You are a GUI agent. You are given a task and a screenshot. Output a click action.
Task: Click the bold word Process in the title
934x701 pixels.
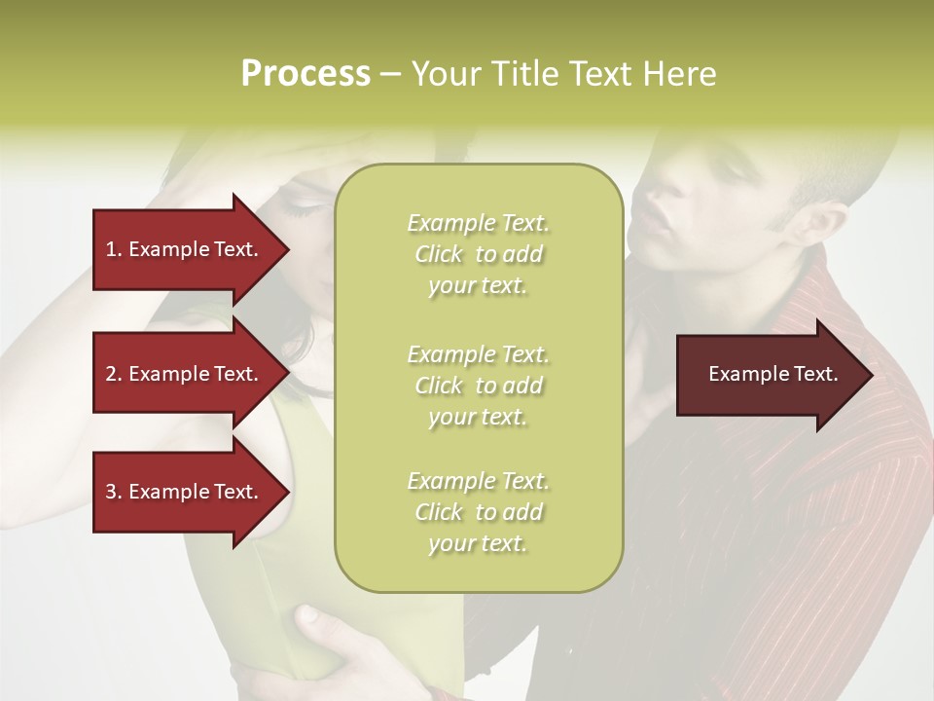(305, 74)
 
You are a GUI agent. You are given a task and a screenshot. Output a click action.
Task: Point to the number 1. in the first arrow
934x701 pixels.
(114, 249)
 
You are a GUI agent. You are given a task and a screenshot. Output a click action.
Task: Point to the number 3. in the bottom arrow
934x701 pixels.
(114, 492)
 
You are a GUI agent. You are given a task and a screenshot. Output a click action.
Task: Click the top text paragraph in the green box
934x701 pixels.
(478, 254)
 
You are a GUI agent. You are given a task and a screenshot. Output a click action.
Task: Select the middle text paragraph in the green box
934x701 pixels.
(478, 386)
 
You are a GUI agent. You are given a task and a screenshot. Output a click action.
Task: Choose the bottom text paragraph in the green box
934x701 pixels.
(478, 512)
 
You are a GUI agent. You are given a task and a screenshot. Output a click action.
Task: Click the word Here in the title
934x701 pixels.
(680, 74)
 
